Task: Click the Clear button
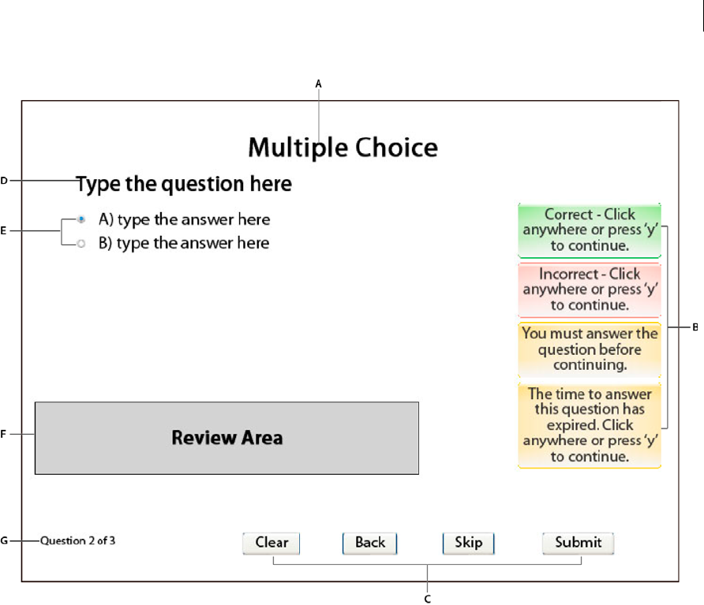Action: click(271, 543)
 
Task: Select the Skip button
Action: click(468, 543)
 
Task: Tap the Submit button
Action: click(578, 543)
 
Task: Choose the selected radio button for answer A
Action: click(81, 219)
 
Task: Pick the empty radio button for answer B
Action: click(81, 244)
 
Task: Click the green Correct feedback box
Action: click(590, 230)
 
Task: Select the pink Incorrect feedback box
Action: click(590, 290)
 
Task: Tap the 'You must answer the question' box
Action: click(590, 349)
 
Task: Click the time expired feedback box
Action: click(590, 425)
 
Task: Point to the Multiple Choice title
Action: click(343, 148)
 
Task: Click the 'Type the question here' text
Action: click(184, 184)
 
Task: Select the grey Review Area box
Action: click(227, 438)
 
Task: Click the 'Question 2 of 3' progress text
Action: click(77, 540)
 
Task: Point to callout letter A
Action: click(318, 84)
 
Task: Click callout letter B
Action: click(695, 327)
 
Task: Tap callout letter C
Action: click(428, 599)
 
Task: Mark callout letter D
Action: click(4, 181)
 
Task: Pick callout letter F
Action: click(4, 434)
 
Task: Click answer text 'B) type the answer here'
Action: click(184, 243)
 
